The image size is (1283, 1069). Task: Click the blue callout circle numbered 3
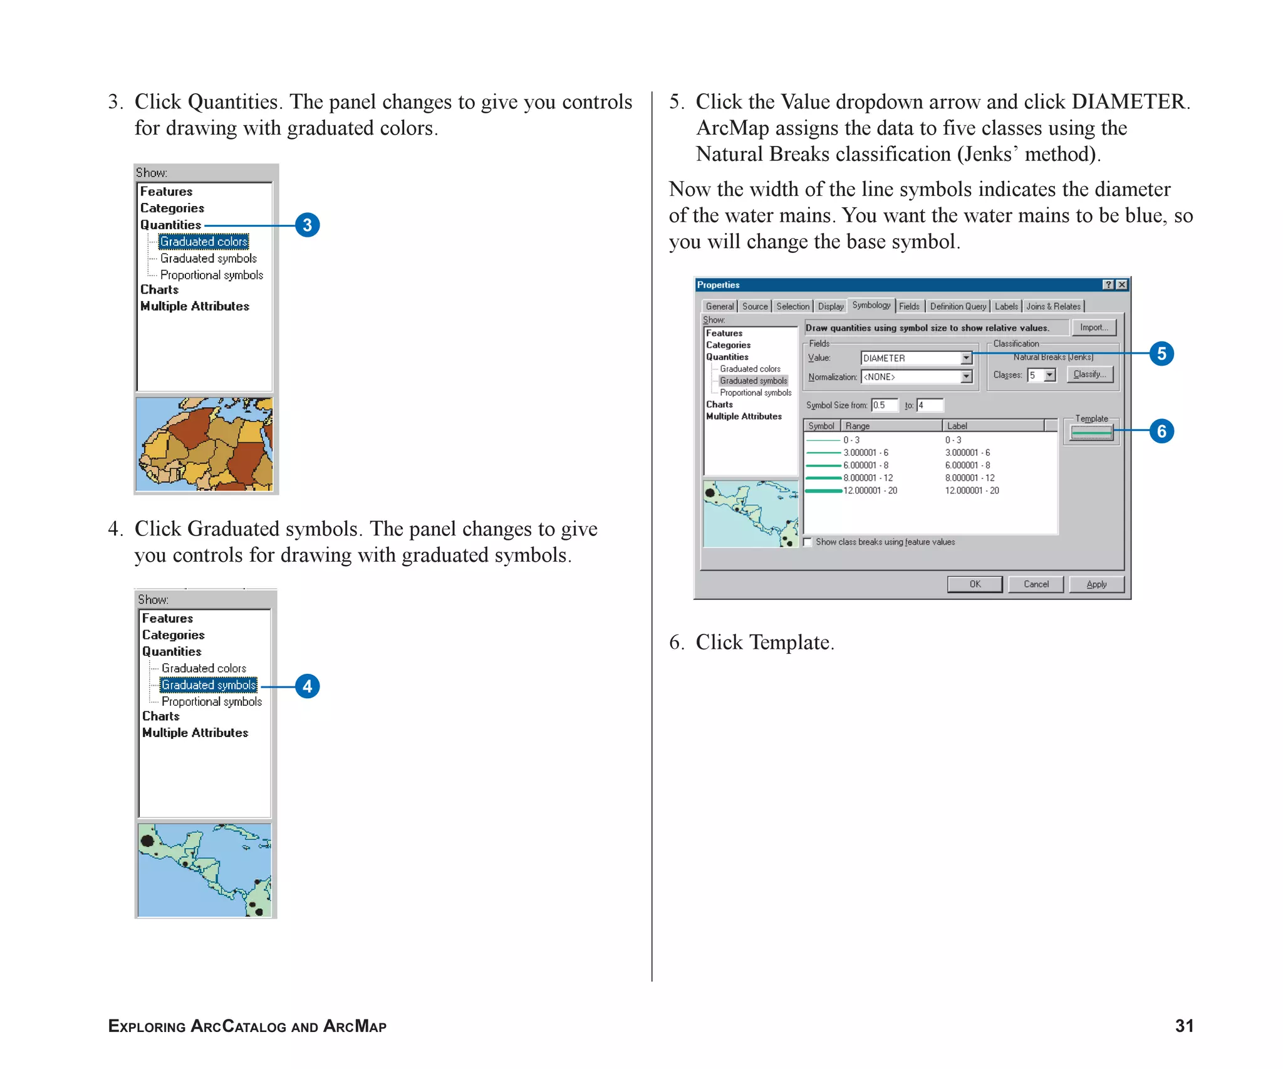(x=307, y=225)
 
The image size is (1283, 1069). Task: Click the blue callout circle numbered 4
(x=307, y=686)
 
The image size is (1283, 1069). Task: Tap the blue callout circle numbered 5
(x=1161, y=354)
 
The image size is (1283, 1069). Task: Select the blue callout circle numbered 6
(x=1161, y=431)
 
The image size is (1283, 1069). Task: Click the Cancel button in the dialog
(x=1036, y=584)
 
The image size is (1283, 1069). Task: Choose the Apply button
(x=1096, y=584)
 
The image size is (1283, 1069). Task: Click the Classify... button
(x=1089, y=374)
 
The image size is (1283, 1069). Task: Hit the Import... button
(x=1093, y=328)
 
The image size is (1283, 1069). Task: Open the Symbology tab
(x=871, y=305)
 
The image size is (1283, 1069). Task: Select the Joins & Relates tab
(x=1053, y=306)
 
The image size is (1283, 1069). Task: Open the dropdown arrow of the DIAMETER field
(x=966, y=358)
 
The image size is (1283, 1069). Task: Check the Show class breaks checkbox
(x=808, y=542)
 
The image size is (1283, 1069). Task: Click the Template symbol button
(x=1091, y=432)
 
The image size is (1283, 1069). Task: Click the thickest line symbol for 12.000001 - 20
(x=823, y=491)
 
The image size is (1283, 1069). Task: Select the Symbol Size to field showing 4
(x=930, y=405)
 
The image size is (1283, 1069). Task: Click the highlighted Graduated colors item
(x=204, y=242)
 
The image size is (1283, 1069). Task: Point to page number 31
(x=1183, y=1026)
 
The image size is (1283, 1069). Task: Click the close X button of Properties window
(x=1122, y=285)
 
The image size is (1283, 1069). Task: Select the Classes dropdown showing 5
(x=1041, y=375)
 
